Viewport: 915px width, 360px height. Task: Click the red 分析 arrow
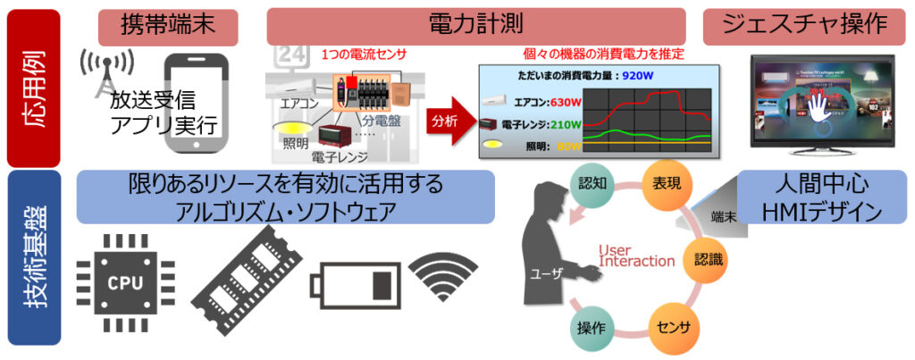pos(449,119)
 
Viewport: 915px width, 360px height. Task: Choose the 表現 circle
pos(666,188)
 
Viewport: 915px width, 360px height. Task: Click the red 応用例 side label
pos(33,87)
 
